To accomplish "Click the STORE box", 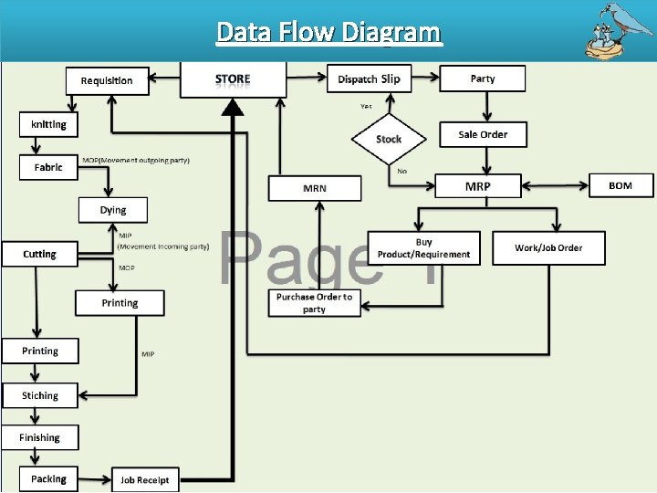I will [x=233, y=79].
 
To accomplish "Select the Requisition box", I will [x=107, y=80].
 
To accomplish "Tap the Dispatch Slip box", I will [x=369, y=79].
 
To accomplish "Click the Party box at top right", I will [x=483, y=79].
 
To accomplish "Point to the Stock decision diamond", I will [x=389, y=139].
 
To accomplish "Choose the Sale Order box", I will [x=483, y=134].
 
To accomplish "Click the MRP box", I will [x=477, y=186].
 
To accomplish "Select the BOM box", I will [x=620, y=185].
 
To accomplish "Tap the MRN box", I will [x=315, y=188].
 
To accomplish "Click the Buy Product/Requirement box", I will [x=423, y=247].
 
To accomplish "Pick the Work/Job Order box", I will [x=548, y=247].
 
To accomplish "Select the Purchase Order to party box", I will [x=314, y=303].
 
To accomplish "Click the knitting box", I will [x=48, y=124].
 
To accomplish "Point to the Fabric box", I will [x=48, y=167].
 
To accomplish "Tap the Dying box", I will [x=113, y=210].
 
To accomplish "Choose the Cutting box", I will [x=39, y=254].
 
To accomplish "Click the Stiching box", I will [x=40, y=395].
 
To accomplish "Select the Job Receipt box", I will [x=144, y=479].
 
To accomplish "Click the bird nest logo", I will [x=616, y=29].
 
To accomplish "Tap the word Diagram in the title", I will [x=392, y=33].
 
